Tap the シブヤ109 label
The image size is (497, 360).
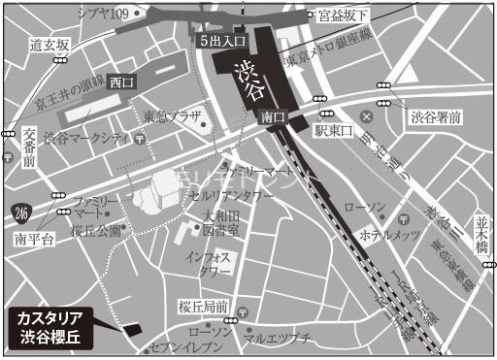(102, 13)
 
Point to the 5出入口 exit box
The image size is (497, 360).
(222, 41)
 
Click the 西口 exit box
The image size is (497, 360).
(122, 82)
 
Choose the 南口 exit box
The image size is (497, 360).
(273, 116)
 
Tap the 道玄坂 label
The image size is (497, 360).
(50, 45)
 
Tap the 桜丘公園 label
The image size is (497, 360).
(95, 231)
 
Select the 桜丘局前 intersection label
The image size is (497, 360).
(202, 305)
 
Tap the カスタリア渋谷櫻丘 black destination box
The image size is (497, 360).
(57, 327)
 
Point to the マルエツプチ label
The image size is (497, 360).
(277, 339)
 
